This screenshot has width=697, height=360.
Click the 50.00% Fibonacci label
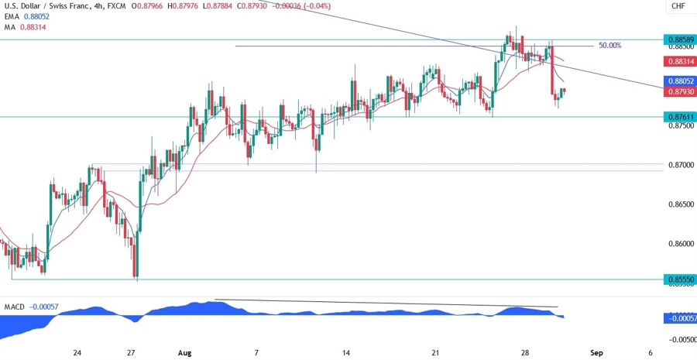pyautogui.click(x=609, y=46)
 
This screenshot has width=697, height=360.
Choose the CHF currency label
pyautogui.click(x=678, y=6)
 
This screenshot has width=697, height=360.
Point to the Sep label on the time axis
pyautogui.click(x=596, y=352)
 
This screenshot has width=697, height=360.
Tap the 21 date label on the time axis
pyautogui.click(x=436, y=352)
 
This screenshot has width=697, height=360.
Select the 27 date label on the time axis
pyautogui.click(x=132, y=352)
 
